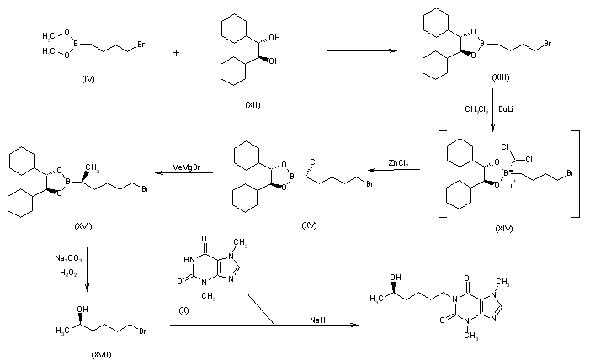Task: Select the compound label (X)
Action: click(183, 310)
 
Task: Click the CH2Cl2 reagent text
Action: click(477, 109)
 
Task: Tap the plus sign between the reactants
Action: click(177, 52)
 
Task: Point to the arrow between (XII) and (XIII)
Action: click(361, 52)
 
